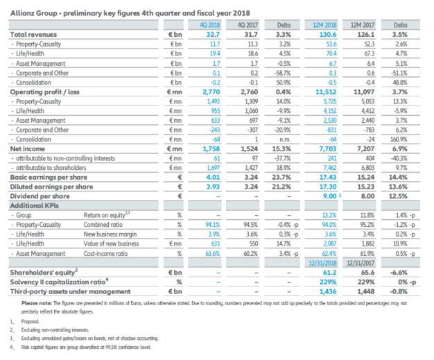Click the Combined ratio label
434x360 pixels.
(103, 223)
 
